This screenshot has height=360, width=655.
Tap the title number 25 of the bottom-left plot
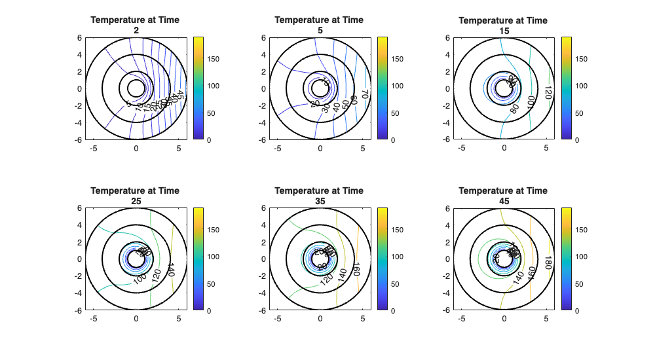point(136,200)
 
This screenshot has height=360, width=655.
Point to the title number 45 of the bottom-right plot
point(503,200)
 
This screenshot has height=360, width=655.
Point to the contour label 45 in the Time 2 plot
point(181,95)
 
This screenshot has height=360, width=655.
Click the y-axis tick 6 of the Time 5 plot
point(263,37)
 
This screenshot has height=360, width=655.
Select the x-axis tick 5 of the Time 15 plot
point(546,148)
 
